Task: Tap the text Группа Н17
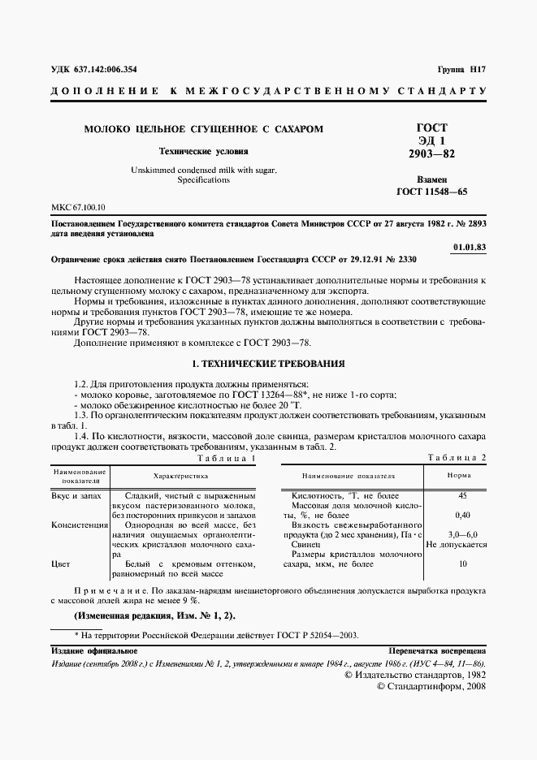[x=461, y=70]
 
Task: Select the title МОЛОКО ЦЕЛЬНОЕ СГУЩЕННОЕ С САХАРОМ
[x=204, y=128]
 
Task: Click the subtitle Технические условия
[x=203, y=151]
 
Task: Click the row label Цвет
[x=61, y=564]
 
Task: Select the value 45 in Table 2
[x=462, y=495]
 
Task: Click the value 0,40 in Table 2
[x=462, y=515]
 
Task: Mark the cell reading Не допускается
[x=456, y=545]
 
